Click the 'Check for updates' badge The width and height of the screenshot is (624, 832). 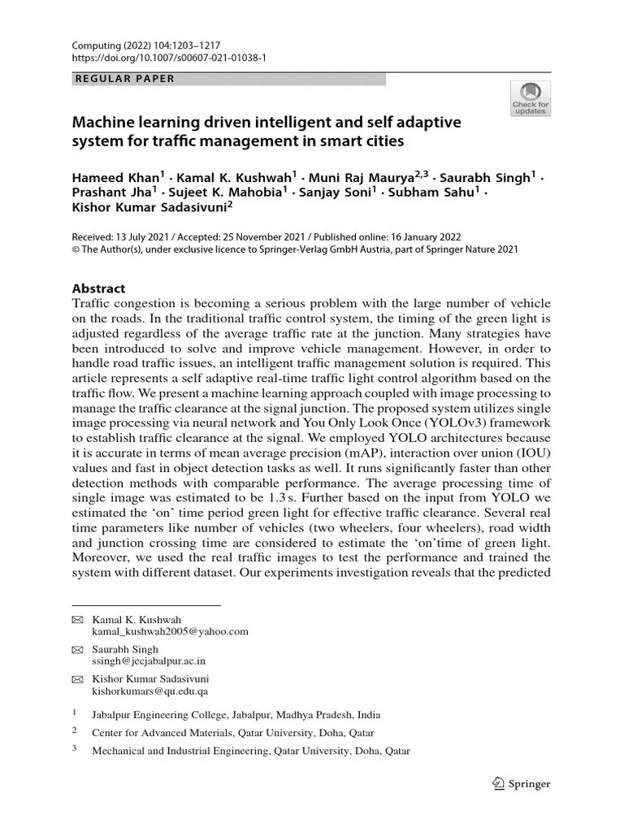[530, 97]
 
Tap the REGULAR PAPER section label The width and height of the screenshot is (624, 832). [123, 79]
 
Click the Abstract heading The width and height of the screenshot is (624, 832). [99, 288]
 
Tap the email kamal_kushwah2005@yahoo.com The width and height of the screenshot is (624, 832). [170, 630]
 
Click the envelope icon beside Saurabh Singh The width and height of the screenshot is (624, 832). [77, 650]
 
